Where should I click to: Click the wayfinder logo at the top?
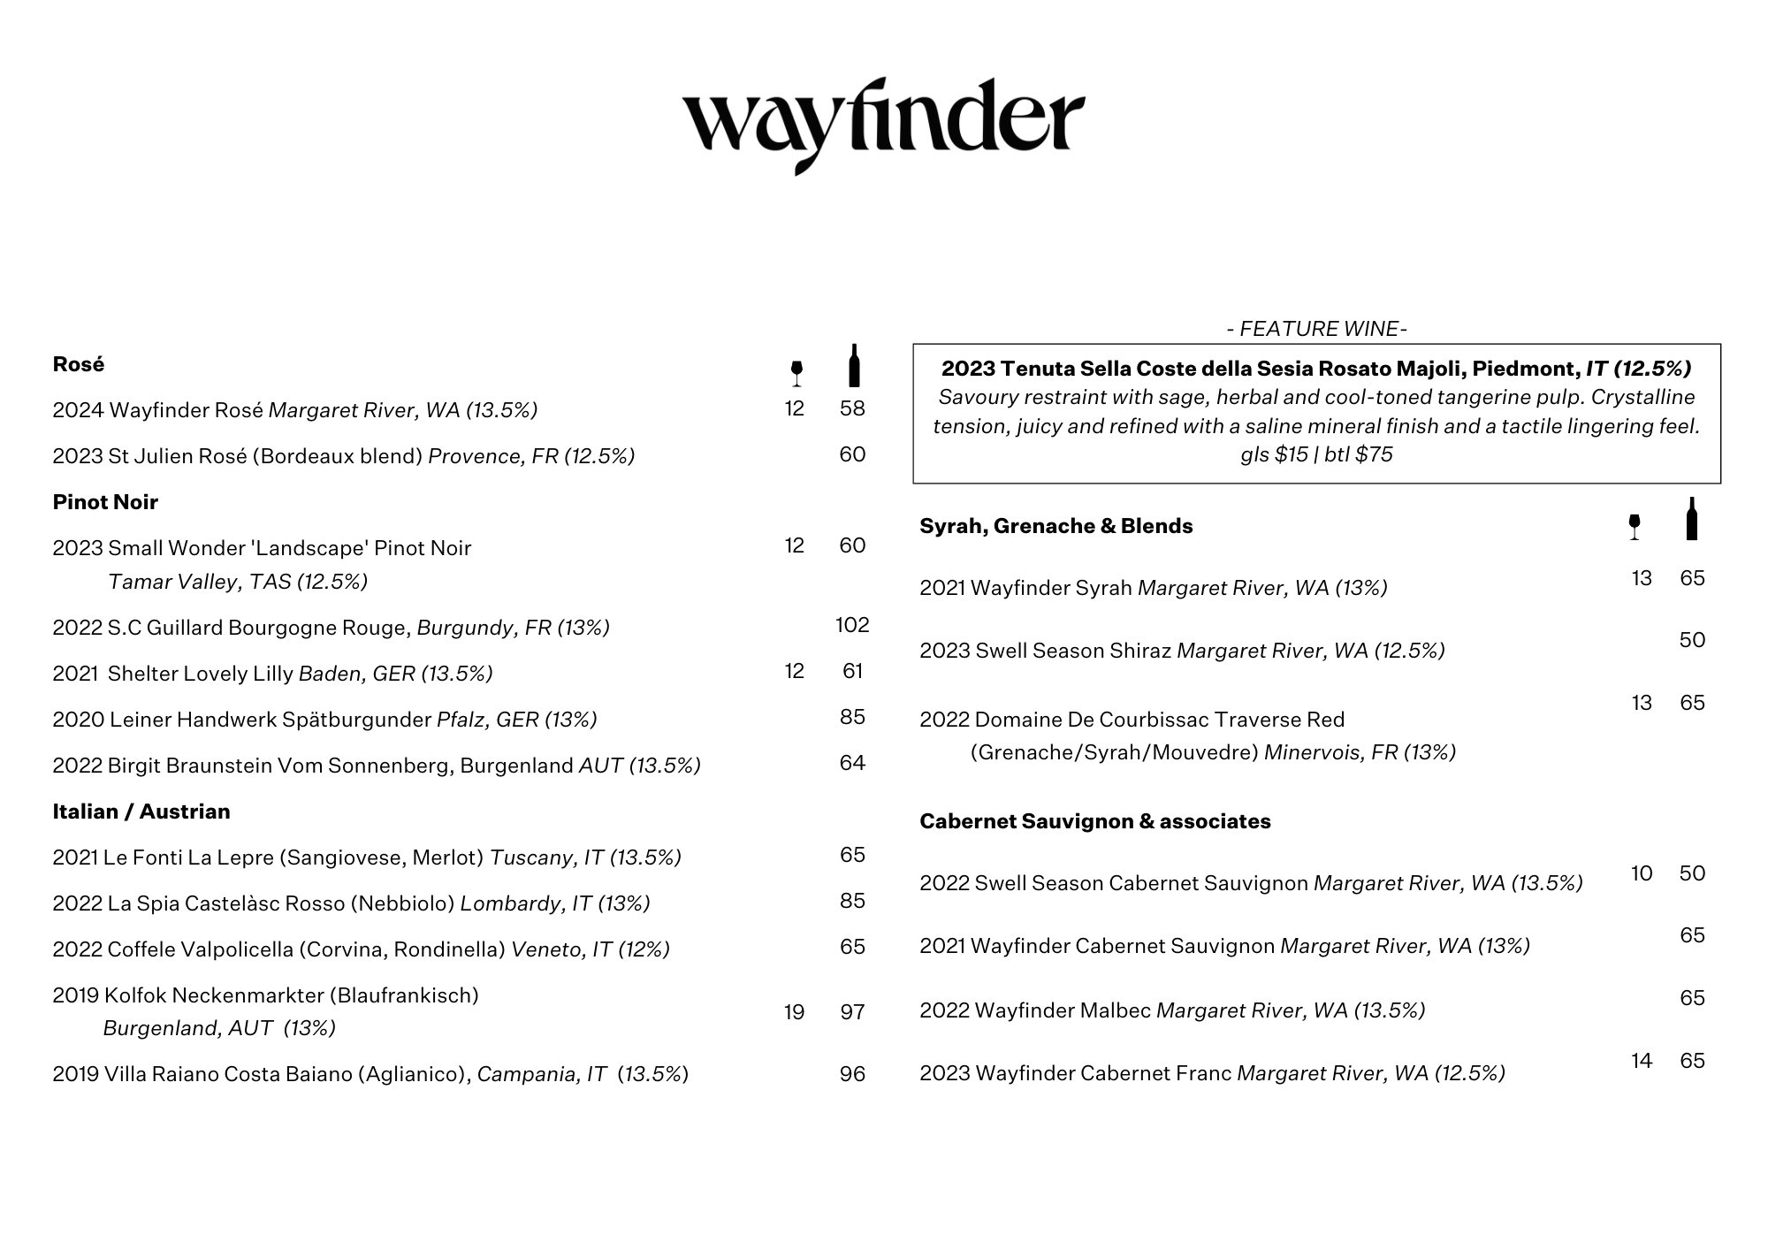click(883, 124)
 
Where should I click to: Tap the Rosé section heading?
click(79, 364)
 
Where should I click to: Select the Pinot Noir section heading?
click(105, 502)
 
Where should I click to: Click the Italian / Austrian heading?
click(141, 812)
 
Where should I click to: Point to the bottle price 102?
click(852, 626)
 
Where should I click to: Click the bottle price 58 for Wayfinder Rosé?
click(852, 408)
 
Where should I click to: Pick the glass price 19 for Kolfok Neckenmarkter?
click(794, 1012)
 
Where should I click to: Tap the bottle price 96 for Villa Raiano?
click(852, 1074)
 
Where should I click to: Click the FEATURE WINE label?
click(1316, 329)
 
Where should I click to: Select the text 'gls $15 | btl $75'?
click(1316, 454)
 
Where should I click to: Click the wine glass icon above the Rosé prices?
click(796, 372)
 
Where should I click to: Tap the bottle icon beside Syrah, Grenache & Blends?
click(1691, 519)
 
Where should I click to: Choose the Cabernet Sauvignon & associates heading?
click(1094, 821)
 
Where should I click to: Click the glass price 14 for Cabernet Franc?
click(1642, 1061)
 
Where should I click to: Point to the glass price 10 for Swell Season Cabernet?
click(1642, 873)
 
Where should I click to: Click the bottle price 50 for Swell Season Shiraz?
click(1692, 640)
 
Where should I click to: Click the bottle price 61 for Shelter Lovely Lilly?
click(852, 671)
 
